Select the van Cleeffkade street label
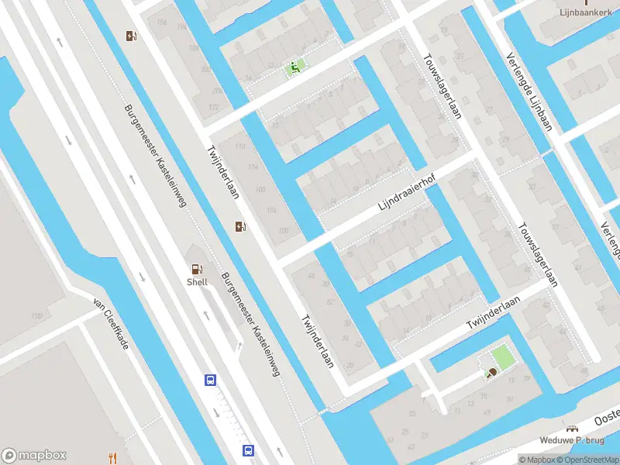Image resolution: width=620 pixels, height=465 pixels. pos(111,323)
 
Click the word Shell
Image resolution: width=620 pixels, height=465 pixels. pos(197,283)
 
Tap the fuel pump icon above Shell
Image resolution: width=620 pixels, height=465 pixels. pos(197,269)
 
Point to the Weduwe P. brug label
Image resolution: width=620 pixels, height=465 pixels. pos(573,440)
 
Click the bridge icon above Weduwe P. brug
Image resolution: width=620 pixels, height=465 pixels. pos(573,428)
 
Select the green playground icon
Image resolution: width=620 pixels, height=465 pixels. pos(294,67)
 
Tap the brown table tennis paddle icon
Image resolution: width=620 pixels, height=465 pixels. pos(491,374)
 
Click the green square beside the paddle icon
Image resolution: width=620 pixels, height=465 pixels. pos(503,356)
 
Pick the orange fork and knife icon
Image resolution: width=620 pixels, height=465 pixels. pos(112,456)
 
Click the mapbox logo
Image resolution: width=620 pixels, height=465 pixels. pos(34,456)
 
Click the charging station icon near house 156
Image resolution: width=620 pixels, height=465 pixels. pos(132,36)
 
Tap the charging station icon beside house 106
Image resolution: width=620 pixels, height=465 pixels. pos(242,226)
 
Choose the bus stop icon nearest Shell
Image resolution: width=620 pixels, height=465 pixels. pos(210,380)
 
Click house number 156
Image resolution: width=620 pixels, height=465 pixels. pos(161,22)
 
